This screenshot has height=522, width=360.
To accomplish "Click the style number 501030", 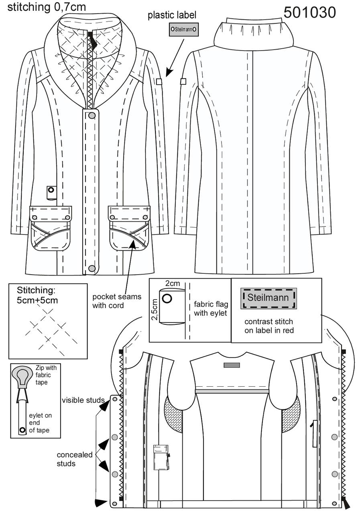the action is pos(309,12).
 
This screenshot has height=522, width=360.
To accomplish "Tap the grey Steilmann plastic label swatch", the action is pos(184,29).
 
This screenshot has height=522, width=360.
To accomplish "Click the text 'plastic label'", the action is pos(172,15).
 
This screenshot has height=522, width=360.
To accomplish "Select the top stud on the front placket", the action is pos(92,115).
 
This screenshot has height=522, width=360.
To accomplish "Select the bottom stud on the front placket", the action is pos(92,269).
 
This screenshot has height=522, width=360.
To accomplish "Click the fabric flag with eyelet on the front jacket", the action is pos(51,192).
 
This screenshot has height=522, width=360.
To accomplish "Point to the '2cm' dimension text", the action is pos(173,283).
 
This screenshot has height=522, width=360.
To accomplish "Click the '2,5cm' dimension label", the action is pos(155,310).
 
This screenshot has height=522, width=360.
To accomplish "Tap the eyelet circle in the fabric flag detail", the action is pos(167,298).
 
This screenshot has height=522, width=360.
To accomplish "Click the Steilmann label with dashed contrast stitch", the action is pos(268,298).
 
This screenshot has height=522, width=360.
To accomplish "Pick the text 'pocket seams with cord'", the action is pos(117,301).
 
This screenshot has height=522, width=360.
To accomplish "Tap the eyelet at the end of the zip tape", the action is pos(22,430).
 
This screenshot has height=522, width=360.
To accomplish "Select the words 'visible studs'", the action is pos(83,400).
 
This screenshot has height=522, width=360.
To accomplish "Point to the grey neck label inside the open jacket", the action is pos(232,365).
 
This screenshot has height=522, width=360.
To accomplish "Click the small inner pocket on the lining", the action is pos(161,457).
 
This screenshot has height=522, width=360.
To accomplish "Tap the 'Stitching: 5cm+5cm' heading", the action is pos(37,295).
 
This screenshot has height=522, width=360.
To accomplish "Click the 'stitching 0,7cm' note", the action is pos(47,7).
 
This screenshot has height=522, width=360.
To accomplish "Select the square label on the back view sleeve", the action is pos(183,82).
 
